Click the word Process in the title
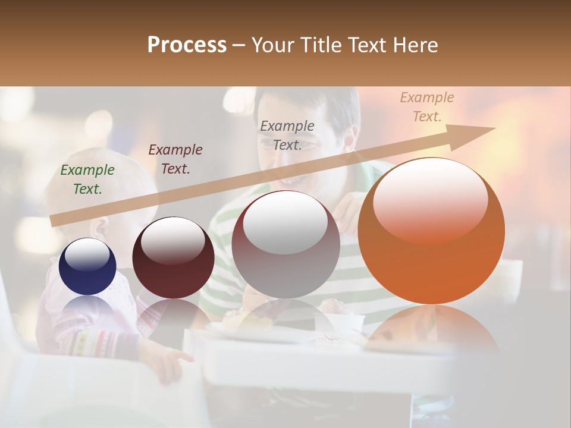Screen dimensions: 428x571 [187, 45]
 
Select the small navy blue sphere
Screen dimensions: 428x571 [87, 266]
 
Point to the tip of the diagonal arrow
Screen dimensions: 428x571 [494, 128]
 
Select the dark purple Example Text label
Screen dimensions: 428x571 [175, 159]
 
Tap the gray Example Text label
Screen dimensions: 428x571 [287, 135]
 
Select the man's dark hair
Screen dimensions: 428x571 [333, 101]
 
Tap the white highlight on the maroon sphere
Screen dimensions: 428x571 [172, 241]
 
